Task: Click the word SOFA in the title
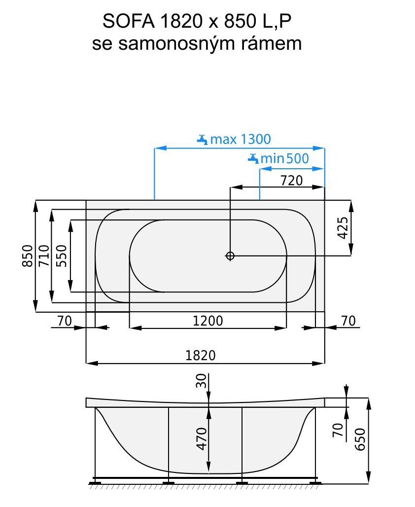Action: (x=125, y=21)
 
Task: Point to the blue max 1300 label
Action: (x=240, y=139)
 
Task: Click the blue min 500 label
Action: (x=284, y=158)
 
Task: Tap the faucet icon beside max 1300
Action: (x=202, y=139)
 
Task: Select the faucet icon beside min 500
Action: (x=253, y=158)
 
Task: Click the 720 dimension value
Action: (x=291, y=181)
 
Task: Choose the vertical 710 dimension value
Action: (x=44, y=256)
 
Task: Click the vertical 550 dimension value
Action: (x=61, y=256)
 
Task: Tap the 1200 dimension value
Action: (x=207, y=321)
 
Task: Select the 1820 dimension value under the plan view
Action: (x=201, y=356)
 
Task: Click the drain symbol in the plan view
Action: (x=230, y=255)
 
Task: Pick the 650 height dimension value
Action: (x=360, y=437)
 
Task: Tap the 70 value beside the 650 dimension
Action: (x=338, y=431)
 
